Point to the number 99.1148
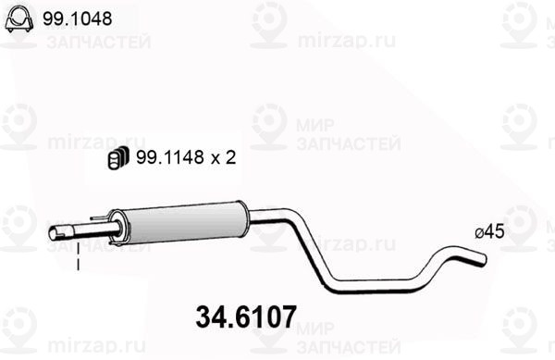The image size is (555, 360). [166, 159]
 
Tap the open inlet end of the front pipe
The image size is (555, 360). [54, 234]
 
